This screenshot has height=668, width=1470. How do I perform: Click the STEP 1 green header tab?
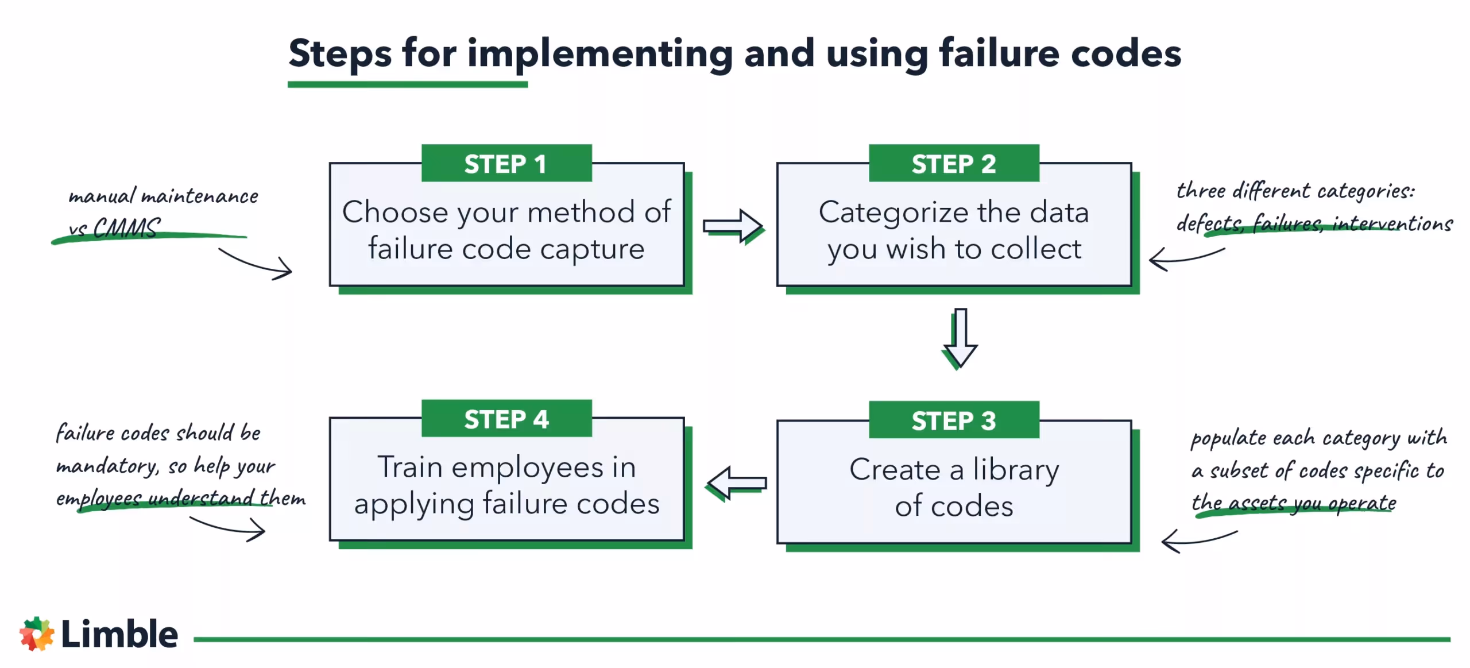[x=506, y=164]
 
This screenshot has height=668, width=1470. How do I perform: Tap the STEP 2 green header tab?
[x=953, y=164]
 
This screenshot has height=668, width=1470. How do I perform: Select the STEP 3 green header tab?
[x=953, y=420]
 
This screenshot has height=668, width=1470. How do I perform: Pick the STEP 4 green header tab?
[x=506, y=419]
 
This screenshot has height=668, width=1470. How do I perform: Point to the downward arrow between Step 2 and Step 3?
[x=960, y=338]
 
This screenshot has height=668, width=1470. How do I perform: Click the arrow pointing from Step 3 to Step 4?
[x=737, y=482]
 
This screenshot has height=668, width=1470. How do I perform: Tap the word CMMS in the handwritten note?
[x=127, y=228]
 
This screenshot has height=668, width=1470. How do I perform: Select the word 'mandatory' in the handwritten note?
[x=106, y=465]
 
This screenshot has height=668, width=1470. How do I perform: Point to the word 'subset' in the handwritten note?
[x=1239, y=471]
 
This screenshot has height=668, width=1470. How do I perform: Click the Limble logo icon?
[x=37, y=634]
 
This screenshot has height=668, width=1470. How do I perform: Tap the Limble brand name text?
[x=119, y=634]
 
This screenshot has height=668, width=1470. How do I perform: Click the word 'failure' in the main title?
[x=999, y=53]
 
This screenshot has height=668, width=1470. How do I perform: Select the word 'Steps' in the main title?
[x=340, y=53]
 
